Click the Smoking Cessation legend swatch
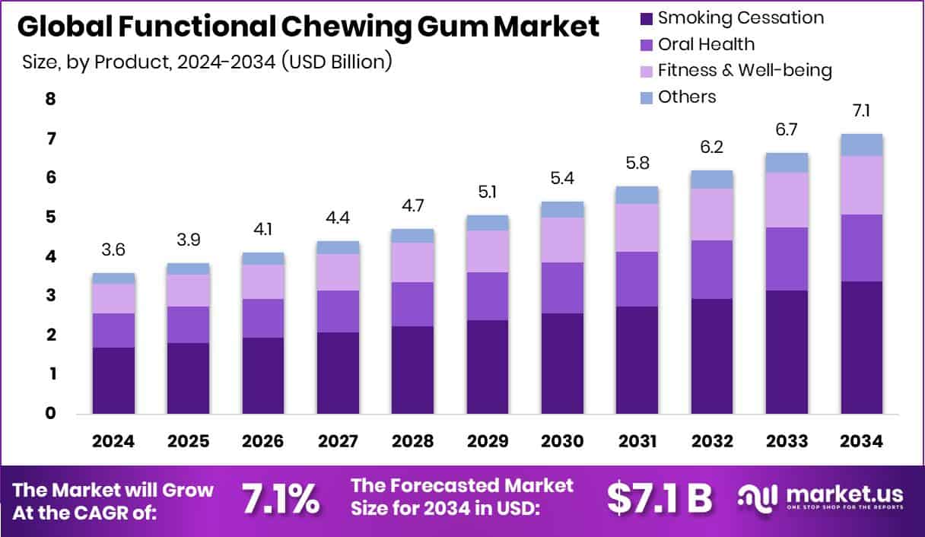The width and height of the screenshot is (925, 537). click(647, 17)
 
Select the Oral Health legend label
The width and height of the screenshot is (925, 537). click(707, 44)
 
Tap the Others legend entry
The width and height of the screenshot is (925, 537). click(687, 97)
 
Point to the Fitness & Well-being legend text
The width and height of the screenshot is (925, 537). click(745, 71)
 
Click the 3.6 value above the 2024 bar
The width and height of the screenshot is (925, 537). click(113, 250)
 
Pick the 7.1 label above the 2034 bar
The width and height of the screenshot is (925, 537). click(861, 111)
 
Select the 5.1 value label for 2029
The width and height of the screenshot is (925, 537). click(487, 192)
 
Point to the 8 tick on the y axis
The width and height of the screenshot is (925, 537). click(51, 99)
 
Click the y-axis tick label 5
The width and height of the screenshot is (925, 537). click(51, 218)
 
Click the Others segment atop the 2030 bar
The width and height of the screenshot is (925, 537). click(561, 209)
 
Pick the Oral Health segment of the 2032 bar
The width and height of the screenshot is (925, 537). click(711, 269)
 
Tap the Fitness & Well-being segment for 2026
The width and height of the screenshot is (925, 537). click(263, 281)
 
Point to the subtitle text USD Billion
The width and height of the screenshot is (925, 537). click(336, 62)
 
